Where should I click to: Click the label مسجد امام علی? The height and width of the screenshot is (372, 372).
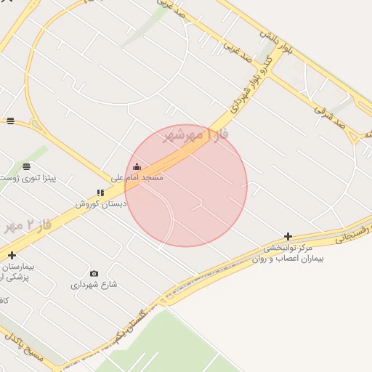tap(137, 177)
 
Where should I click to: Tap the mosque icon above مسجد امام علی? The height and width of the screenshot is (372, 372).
tap(137, 167)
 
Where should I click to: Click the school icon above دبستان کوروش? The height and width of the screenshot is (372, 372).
tap(100, 193)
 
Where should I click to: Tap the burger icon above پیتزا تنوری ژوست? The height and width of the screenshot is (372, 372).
tap(27, 166)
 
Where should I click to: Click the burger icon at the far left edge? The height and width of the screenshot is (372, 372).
tap(10, 121)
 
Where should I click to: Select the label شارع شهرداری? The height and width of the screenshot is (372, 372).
tap(94, 284)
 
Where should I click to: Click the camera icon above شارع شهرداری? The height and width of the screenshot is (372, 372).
tap(94, 273)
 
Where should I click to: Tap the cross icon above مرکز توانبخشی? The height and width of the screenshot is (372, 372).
tap(288, 236)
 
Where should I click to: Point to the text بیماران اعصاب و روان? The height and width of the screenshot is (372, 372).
tap(288, 258)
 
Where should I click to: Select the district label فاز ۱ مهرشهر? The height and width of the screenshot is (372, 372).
tap(190, 135)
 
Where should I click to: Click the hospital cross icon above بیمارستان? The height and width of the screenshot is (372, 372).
tap(12, 255)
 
